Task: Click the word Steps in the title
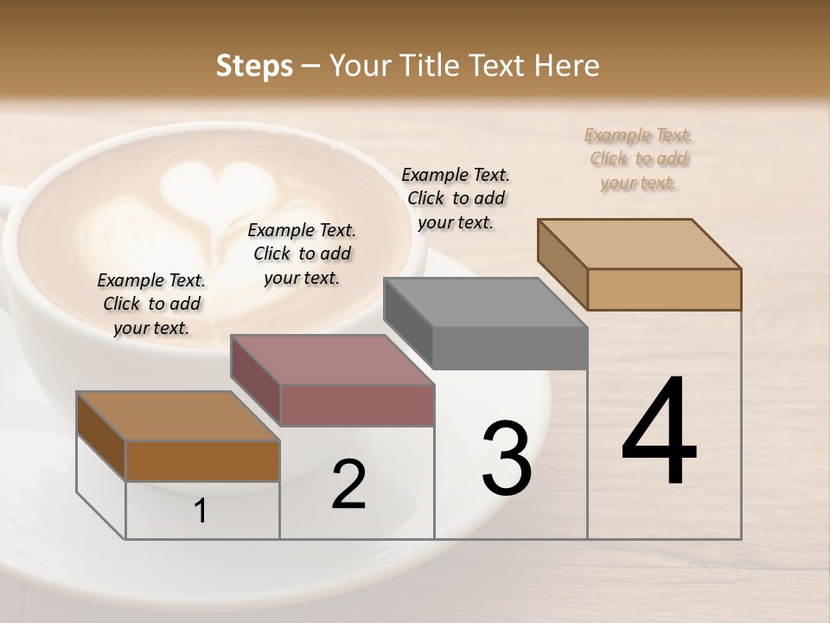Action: click(254, 66)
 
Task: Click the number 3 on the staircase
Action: click(507, 459)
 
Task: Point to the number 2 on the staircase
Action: click(348, 484)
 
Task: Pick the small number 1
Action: click(201, 511)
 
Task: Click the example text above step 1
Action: click(151, 304)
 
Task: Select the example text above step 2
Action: click(302, 254)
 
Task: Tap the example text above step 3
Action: click(456, 198)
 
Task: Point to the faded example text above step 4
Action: click(639, 158)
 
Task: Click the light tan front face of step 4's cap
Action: click(664, 289)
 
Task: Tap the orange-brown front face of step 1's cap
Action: click(202, 460)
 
